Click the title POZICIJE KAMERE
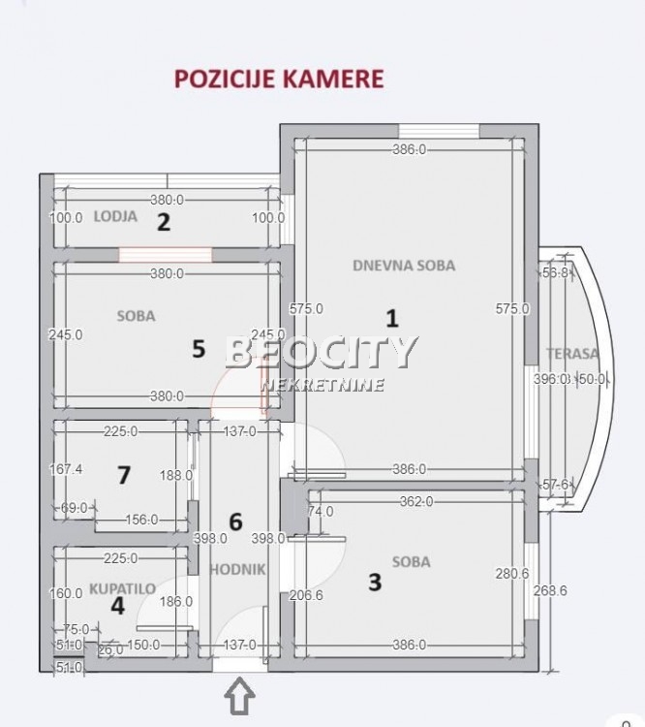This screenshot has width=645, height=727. point(279,79)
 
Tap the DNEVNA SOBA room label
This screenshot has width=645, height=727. point(404,265)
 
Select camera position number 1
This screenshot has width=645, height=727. point(392,317)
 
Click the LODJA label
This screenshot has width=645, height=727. point(115,216)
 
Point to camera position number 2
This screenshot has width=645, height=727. point(164,222)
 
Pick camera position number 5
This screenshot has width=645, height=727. point(199,349)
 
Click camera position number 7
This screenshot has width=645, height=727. point(123,474)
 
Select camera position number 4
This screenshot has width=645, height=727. point(117,606)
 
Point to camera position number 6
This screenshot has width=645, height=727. point(234,522)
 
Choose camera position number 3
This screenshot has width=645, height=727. point(375,582)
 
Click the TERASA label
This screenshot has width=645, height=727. point(571,354)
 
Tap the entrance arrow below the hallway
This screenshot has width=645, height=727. point(240,695)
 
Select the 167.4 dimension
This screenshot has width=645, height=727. point(66,469)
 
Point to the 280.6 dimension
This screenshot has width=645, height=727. point(512,573)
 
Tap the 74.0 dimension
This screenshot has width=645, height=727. point(320,512)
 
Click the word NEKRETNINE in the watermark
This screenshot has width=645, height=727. point(322,385)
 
